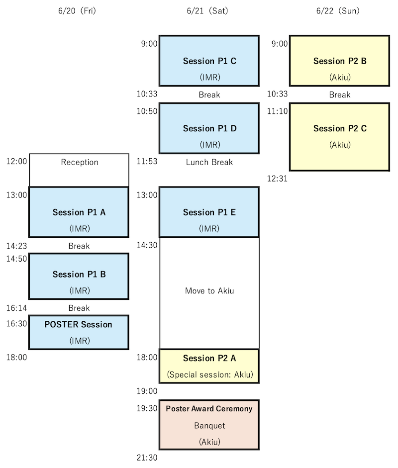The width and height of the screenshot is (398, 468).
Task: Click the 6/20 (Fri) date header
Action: pos(77,11)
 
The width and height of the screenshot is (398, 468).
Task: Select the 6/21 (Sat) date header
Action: pos(207,11)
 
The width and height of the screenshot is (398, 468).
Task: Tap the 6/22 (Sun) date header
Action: pos(338,11)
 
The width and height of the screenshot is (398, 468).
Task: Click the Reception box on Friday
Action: pos(79,170)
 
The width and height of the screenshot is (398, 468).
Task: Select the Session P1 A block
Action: pos(79,212)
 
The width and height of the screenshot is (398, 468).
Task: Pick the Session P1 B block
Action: pos(79,277)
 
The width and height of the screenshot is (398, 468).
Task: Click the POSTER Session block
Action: pos(79,332)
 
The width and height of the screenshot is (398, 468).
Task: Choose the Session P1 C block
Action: pos(209,61)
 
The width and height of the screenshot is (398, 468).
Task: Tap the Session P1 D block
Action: pos(209,128)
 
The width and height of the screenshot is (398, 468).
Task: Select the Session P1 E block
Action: pos(209,212)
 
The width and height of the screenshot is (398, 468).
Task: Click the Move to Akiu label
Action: pos(209,291)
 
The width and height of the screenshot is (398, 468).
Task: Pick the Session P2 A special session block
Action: pos(209,366)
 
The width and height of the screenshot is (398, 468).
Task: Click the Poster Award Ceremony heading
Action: pos(209,409)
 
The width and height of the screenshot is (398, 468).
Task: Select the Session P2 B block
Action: pos(339,61)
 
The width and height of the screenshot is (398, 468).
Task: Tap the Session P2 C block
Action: pos(339,137)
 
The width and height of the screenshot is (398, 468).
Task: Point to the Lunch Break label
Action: pos(209,162)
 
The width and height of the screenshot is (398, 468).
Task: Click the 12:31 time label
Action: pos(277,179)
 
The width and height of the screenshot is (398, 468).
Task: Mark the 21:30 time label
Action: pos(147,458)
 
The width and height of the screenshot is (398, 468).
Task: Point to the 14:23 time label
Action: pos(17,246)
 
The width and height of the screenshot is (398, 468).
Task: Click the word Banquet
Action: pos(209,426)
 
